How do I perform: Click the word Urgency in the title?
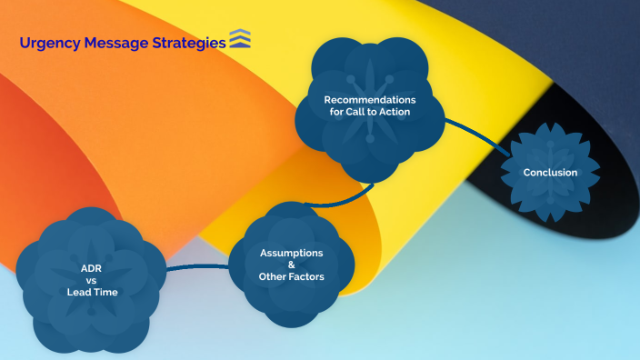point(46,42)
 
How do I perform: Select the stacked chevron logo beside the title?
point(241,39)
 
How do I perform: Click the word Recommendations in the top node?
point(370,99)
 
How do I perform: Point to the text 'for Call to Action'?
point(370,112)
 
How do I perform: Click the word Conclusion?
point(550,173)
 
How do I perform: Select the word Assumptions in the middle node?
point(292,252)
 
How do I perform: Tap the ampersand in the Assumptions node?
point(292,264)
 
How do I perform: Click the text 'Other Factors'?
point(292,275)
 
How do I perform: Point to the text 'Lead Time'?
point(91,292)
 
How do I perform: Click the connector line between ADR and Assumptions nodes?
point(197,266)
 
